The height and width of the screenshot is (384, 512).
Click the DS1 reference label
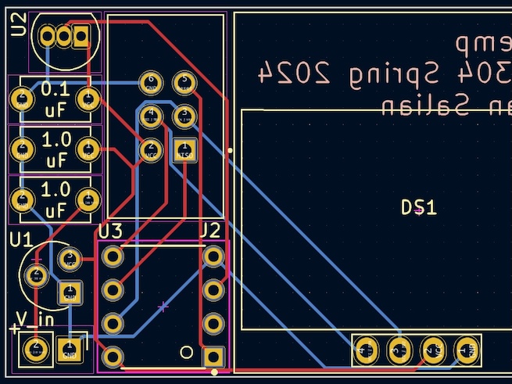418,208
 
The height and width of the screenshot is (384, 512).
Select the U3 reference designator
110,231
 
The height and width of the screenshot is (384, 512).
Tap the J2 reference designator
210,231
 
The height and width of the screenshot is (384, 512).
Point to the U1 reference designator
21,239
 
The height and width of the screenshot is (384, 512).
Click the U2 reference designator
20,29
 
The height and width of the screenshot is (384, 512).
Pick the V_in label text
35,319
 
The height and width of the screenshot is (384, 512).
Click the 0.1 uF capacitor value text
55,99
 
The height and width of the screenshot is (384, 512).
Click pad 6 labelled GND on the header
150,81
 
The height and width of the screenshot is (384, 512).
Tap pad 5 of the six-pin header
184,81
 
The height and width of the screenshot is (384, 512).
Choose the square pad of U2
81,36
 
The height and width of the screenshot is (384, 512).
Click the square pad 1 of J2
213,357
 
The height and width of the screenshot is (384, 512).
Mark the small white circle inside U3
187,351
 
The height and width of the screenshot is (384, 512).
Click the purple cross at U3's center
163,307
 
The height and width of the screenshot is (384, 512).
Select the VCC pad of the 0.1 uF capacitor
89,99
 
